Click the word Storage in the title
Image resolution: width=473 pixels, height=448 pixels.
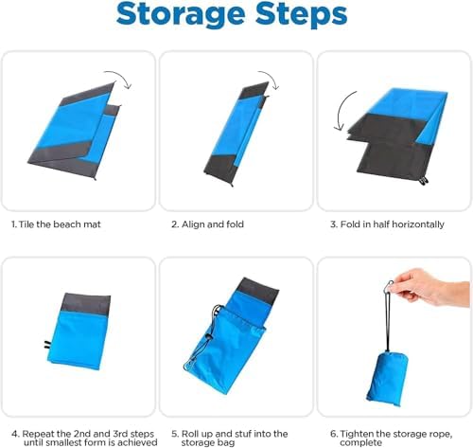(181, 15)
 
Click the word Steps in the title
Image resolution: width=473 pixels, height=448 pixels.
(302, 15)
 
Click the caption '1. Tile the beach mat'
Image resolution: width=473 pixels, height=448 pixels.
(56, 224)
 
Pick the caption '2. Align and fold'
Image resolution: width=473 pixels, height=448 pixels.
(207, 224)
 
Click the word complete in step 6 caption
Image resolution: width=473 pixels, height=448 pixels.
(360, 442)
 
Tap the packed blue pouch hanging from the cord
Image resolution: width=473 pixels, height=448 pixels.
(387, 379)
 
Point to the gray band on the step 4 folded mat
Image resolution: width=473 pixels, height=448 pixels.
(86, 304)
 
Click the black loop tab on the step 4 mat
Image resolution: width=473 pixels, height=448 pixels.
(47, 345)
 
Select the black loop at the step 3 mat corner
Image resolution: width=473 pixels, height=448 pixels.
(424, 181)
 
